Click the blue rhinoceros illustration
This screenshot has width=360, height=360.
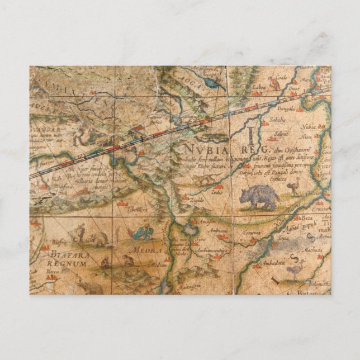(x=259, y=197)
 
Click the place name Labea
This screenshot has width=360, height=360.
(x=258, y=87)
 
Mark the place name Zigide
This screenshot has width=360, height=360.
(x=197, y=200)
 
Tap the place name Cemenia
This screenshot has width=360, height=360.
(x=251, y=231)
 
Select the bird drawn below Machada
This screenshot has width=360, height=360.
(x=295, y=271)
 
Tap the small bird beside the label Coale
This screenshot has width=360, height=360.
(x=273, y=84)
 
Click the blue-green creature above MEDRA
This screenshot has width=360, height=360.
(x=144, y=232)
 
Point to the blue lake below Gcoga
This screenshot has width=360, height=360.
(x=212, y=82)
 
